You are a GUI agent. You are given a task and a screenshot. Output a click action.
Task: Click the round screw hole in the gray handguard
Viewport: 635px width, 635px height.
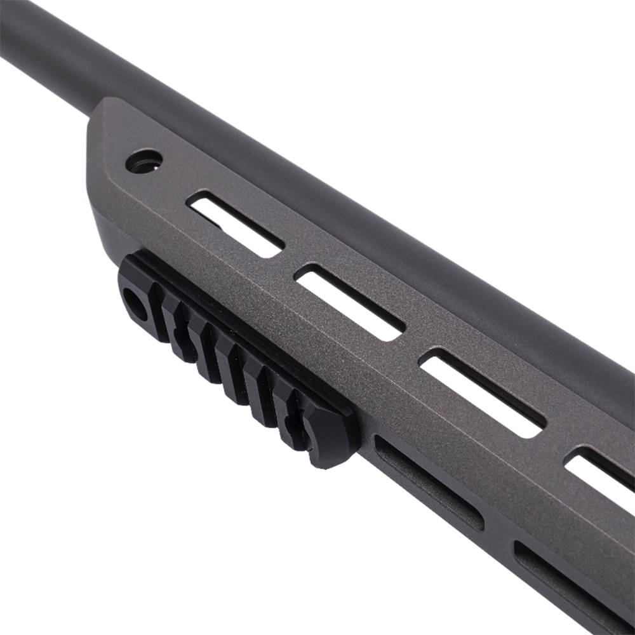[x=144, y=160]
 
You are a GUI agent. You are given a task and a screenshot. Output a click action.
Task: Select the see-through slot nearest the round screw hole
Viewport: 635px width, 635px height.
[x=236, y=224]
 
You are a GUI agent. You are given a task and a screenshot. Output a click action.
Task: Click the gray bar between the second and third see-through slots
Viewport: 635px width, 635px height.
[x=413, y=346]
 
